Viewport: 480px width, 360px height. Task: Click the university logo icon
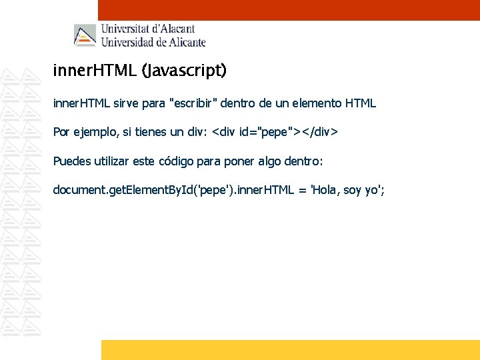[x=85, y=35]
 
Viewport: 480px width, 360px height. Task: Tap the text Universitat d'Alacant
[x=148, y=29]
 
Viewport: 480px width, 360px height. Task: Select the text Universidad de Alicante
[x=153, y=42]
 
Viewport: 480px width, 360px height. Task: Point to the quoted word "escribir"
[x=194, y=103]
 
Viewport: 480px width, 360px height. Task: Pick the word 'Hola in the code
[x=325, y=191]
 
